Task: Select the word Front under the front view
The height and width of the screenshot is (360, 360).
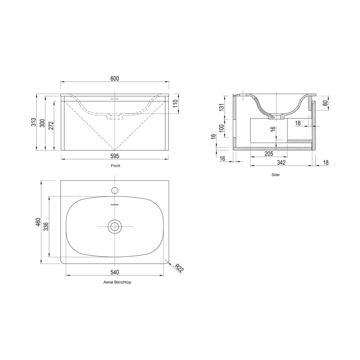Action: point(115,166)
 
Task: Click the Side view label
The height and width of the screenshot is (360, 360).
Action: point(276,175)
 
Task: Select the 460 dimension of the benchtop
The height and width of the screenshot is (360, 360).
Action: point(39,222)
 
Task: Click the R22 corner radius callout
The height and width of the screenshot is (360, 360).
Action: point(179,269)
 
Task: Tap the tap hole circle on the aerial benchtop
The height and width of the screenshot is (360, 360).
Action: point(114,189)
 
